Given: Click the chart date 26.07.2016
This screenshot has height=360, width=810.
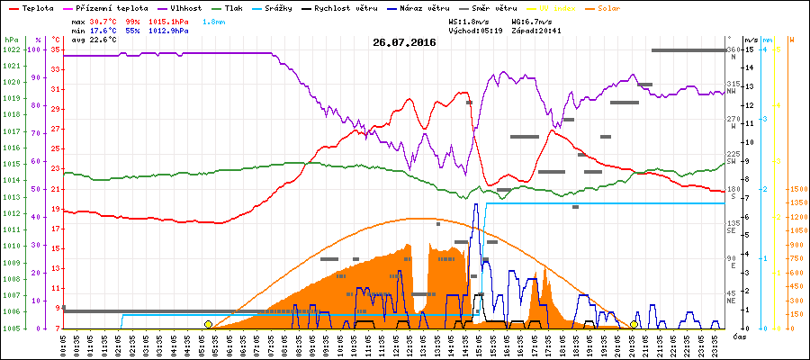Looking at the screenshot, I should click(404, 42).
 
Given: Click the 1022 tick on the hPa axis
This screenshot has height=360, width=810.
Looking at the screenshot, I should click(11, 49).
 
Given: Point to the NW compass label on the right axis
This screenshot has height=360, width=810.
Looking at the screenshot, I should click(732, 91).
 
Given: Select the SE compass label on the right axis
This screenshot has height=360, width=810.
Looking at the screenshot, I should click(732, 230).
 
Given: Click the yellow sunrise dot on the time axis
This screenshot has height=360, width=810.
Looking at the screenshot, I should click(208, 324).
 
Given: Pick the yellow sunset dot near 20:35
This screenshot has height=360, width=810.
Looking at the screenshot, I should click(634, 324).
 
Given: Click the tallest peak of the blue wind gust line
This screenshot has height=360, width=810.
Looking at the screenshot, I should click(475, 204).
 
